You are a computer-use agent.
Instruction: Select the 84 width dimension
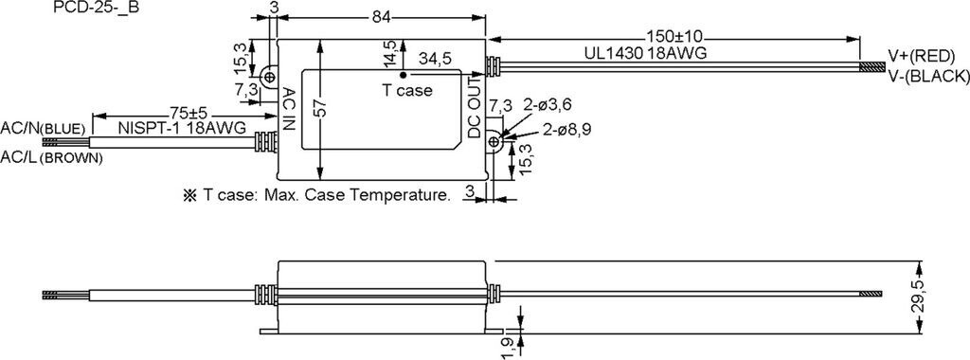tap(382, 19)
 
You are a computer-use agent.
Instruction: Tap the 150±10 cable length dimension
tap(673, 36)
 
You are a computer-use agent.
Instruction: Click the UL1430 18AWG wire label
tap(645, 53)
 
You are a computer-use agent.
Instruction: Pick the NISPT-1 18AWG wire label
tap(182, 128)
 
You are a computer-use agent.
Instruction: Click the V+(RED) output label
tap(922, 56)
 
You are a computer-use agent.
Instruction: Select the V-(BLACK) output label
tap(928, 76)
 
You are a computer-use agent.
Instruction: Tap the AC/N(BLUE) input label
tap(43, 129)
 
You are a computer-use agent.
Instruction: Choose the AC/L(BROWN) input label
tap(51, 157)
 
